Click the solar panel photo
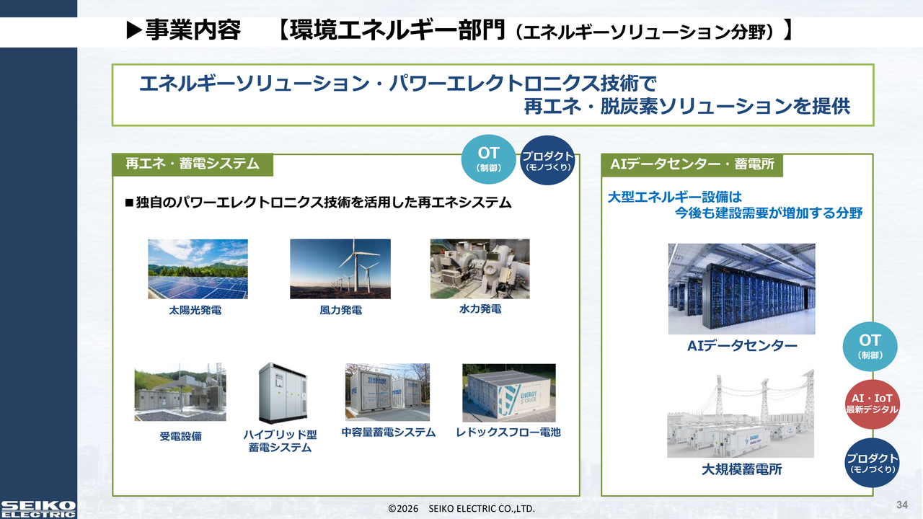click(198, 269)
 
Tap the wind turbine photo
click(340, 269)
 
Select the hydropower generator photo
click(480, 269)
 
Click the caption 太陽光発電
click(195, 310)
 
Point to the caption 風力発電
click(341, 310)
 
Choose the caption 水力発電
click(480, 309)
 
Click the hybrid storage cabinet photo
click(283, 393)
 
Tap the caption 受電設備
click(180, 436)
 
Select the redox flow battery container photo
click(509, 393)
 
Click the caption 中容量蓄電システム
click(388, 432)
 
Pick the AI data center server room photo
click(742, 289)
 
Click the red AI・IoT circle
click(872, 404)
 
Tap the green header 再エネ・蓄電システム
click(193, 164)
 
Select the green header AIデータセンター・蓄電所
click(692, 165)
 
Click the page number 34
click(902, 505)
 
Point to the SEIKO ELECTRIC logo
click(38, 509)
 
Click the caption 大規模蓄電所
click(741, 469)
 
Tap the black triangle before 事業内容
click(134, 30)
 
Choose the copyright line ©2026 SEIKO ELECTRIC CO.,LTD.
click(461, 509)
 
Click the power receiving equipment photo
click(180, 392)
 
